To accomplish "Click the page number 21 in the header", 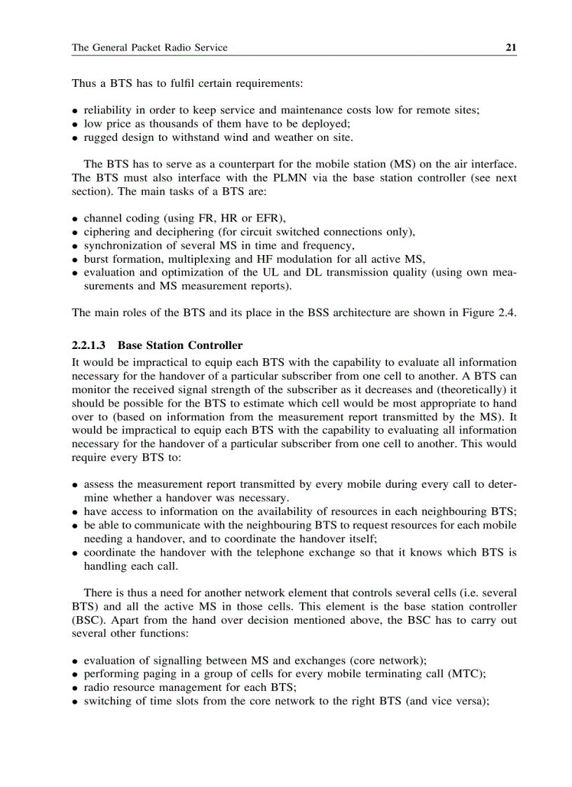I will [511, 48].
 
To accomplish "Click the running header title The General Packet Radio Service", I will [149, 48].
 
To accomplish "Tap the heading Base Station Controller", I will [180, 345].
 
